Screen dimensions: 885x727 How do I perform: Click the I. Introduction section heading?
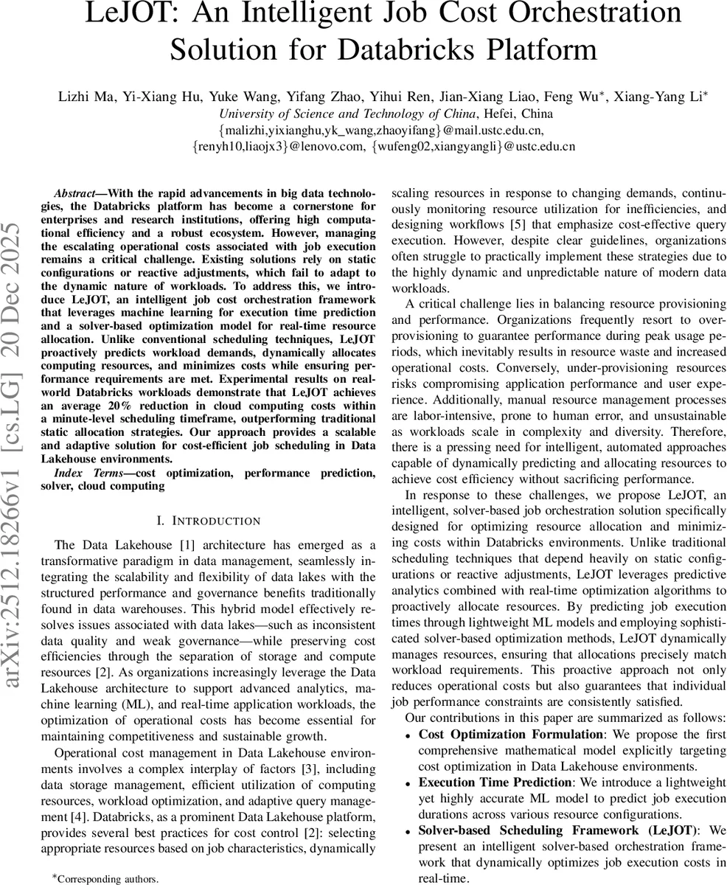click(209, 521)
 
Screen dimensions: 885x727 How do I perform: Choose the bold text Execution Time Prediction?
click(495, 782)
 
